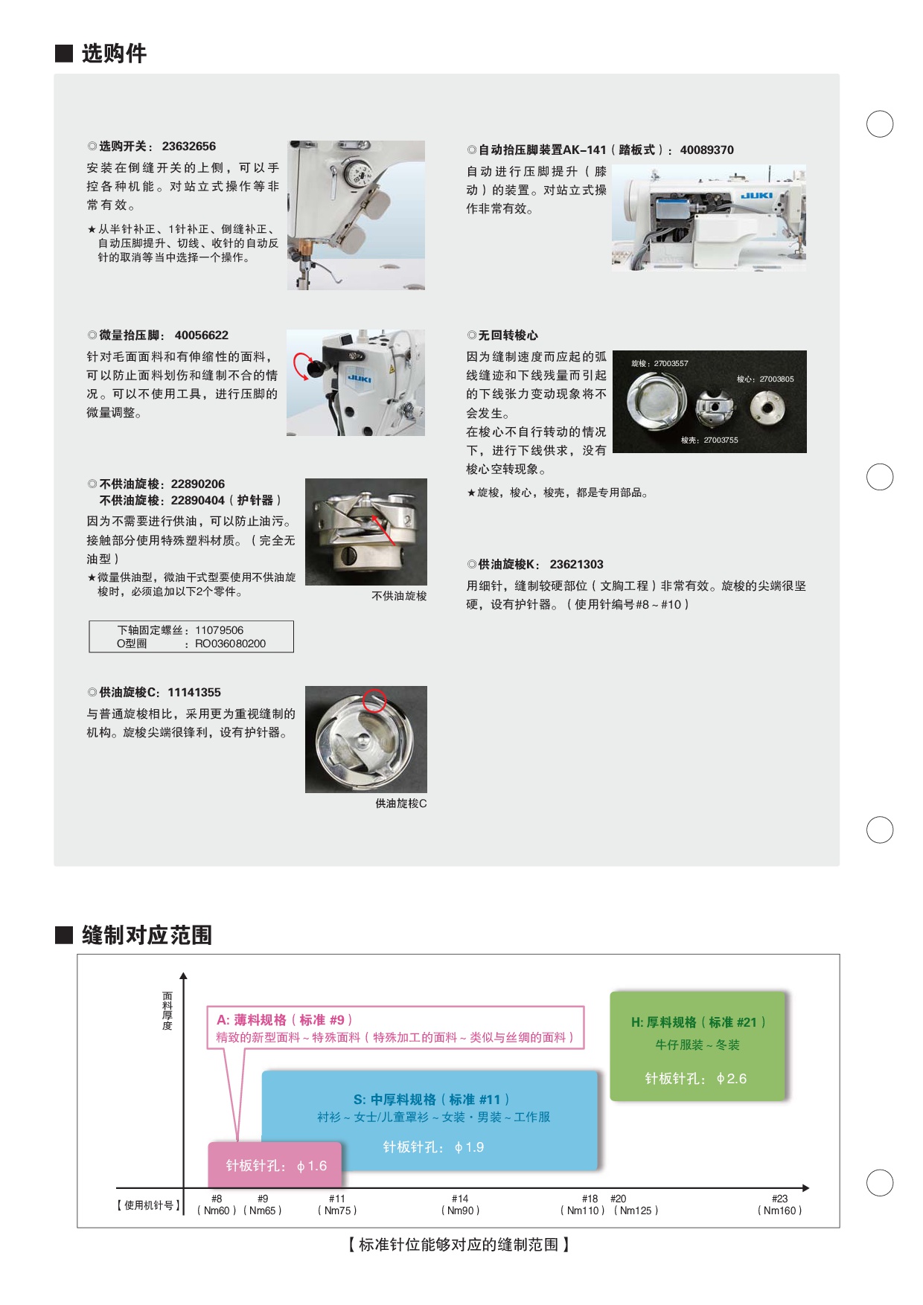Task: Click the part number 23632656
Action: tap(189, 147)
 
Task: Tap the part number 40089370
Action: tap(706, 150)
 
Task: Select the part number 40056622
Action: tap(202, 336)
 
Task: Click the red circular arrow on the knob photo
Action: tap(301, 366)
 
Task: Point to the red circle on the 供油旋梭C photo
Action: tap(374, 700)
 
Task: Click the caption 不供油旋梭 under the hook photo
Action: tap(399, 596)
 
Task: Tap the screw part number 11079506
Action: tap(220, 630)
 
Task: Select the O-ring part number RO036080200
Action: tap(230, 644)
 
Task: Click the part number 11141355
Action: tap(194, 693)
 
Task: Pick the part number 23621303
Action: tap(577, 565)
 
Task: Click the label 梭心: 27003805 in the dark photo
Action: tap(765, 379)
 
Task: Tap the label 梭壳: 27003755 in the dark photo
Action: tap(709, 440)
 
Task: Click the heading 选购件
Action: tap(114, 54)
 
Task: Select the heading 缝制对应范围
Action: tap(147, 935)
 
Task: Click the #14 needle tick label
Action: tap(460, 1199)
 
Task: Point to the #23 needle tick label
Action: tap(779, 1199)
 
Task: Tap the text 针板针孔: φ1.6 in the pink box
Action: tap(276, 1166)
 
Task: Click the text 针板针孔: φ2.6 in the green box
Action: tap(696, 1079)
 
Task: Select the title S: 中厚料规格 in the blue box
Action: tap(395, 1100)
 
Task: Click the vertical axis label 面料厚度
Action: tap(167, 1010)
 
